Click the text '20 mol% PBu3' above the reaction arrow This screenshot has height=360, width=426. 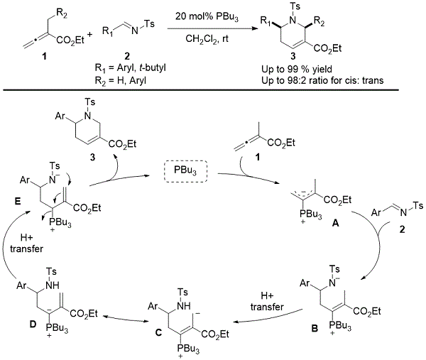click(207, 16)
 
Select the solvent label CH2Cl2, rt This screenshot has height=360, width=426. click(207, 39)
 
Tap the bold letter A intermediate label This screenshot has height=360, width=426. click(336, 223)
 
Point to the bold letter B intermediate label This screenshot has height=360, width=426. click(315, 329)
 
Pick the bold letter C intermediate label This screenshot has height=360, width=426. click(158, 332)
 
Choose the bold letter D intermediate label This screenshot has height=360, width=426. click(33, 324)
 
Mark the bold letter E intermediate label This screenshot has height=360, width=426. click(18, 202)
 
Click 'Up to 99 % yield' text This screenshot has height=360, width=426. click(296, 70)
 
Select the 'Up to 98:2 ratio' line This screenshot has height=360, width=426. click(322, 80)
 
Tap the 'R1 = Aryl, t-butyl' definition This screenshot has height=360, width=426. click(130, 67)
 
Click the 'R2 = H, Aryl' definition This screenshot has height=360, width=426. click(121, 81)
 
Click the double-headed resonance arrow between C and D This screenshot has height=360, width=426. click(126, 318)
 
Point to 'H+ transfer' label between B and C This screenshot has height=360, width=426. click(267, 301)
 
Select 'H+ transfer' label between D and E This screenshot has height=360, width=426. click(26, 243)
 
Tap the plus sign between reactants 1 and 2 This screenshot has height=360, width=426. click(89, 35)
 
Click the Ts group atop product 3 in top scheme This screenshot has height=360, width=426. click(295, 6)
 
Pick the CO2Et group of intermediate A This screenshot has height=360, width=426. click(338, 200)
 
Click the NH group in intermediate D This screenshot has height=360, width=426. click(52, 285)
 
